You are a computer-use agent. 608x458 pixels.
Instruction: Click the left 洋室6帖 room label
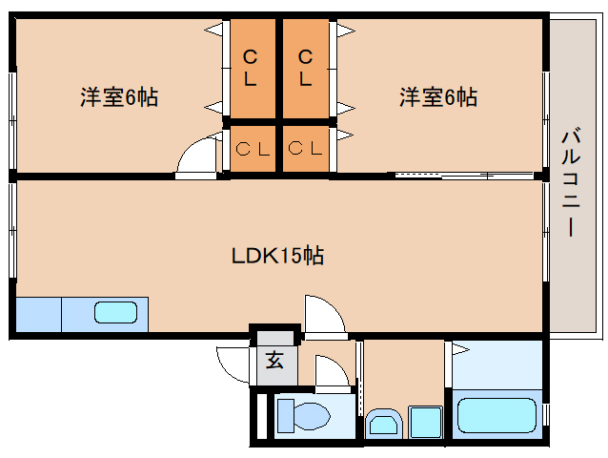click(118, 96)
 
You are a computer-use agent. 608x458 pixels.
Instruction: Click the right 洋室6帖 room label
click(437, 96)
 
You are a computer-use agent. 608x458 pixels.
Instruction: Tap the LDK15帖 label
click(277, 256)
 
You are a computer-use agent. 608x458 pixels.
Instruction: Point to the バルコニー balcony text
click(569, 181)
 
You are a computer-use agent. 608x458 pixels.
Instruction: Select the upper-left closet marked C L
click(251, 67)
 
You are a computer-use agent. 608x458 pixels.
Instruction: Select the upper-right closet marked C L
click(306, 67)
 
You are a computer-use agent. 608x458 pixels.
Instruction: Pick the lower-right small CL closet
click(306, 149)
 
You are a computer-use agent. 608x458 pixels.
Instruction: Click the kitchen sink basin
click(113, 312)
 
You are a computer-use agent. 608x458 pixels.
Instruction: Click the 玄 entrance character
click(274, 361)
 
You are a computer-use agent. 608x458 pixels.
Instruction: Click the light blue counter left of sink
click(38, 313)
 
